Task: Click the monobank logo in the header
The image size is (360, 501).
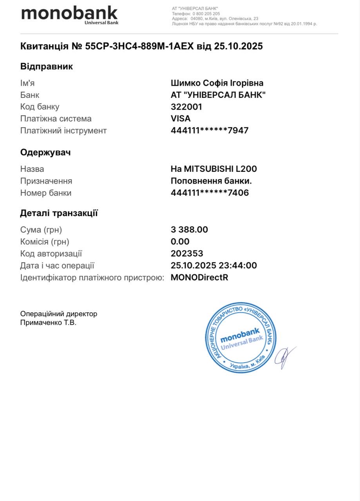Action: coord(69,15)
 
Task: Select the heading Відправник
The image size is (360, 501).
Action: coord(47,67)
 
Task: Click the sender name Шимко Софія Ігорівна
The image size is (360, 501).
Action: coord(217,83)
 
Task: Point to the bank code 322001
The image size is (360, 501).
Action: coord(186,107)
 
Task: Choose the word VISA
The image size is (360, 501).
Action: coord(181,119)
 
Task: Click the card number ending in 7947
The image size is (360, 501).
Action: coord(210,131)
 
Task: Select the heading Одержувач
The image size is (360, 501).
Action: coord(45,153)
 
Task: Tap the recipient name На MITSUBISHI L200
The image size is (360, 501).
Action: coord(214,169)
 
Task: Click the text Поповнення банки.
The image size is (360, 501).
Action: coord(211,181)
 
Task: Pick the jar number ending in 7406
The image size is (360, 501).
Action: coord(210,193)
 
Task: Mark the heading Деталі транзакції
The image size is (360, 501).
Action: coord(59,213)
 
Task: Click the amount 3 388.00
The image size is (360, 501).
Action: coord(189,230)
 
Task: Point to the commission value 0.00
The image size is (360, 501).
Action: coord(180,241)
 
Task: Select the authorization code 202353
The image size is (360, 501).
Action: coord(187,254)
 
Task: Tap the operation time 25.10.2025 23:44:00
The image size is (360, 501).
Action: coord(214,265)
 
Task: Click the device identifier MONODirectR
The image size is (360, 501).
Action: coord(199,278)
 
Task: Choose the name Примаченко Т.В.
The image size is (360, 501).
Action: coord(48,323)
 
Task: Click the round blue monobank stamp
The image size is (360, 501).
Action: coord(241,337)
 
